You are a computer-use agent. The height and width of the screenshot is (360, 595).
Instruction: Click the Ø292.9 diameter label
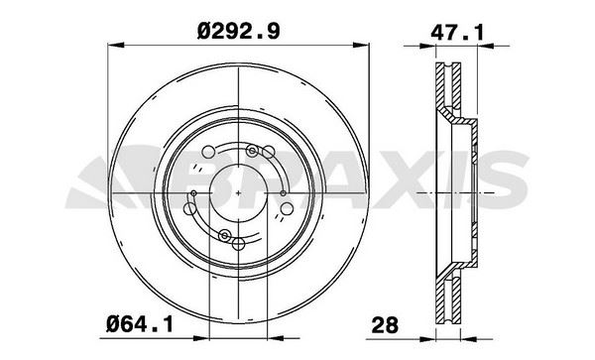click(239, 31)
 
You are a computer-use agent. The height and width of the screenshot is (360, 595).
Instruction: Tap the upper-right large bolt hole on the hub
click(268, 151)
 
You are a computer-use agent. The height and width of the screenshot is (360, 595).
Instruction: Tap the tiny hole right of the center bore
click(282, 191)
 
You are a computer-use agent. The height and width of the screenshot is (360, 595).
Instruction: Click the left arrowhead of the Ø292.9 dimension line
click(111, 44)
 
